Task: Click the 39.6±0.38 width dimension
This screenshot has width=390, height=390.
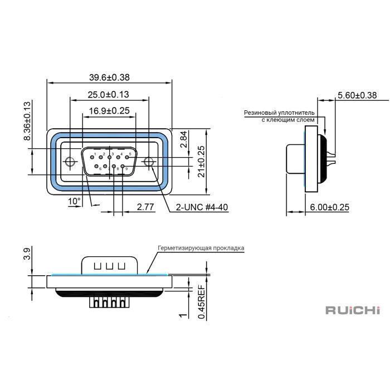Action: click(x=109, y=77)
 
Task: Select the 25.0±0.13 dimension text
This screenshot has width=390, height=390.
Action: click(x=109, y=94)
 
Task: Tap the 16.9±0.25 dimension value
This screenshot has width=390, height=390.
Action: click(x=109, y=111)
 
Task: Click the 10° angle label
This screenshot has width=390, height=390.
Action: click(x=74, y=201)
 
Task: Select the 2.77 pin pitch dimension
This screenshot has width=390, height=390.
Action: click(x=145, y=207)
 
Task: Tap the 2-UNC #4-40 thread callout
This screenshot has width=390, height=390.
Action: click(x=202, y=207)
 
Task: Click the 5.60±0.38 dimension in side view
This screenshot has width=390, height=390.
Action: click(x=357, y=95)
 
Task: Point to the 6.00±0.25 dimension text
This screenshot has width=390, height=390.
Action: click(x=329, y=207)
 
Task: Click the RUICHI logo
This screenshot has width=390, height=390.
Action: click(x=352, y=309)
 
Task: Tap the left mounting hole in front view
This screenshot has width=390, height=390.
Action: click(x=70, y=162)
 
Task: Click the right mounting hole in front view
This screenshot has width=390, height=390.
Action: click(x=149, y=162)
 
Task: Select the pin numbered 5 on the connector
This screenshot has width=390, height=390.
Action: click(x=128, y=157)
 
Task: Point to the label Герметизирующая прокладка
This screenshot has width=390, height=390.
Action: click(x=201, y=247)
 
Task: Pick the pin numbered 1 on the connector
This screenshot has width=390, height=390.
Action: click(x=92, y=157)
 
